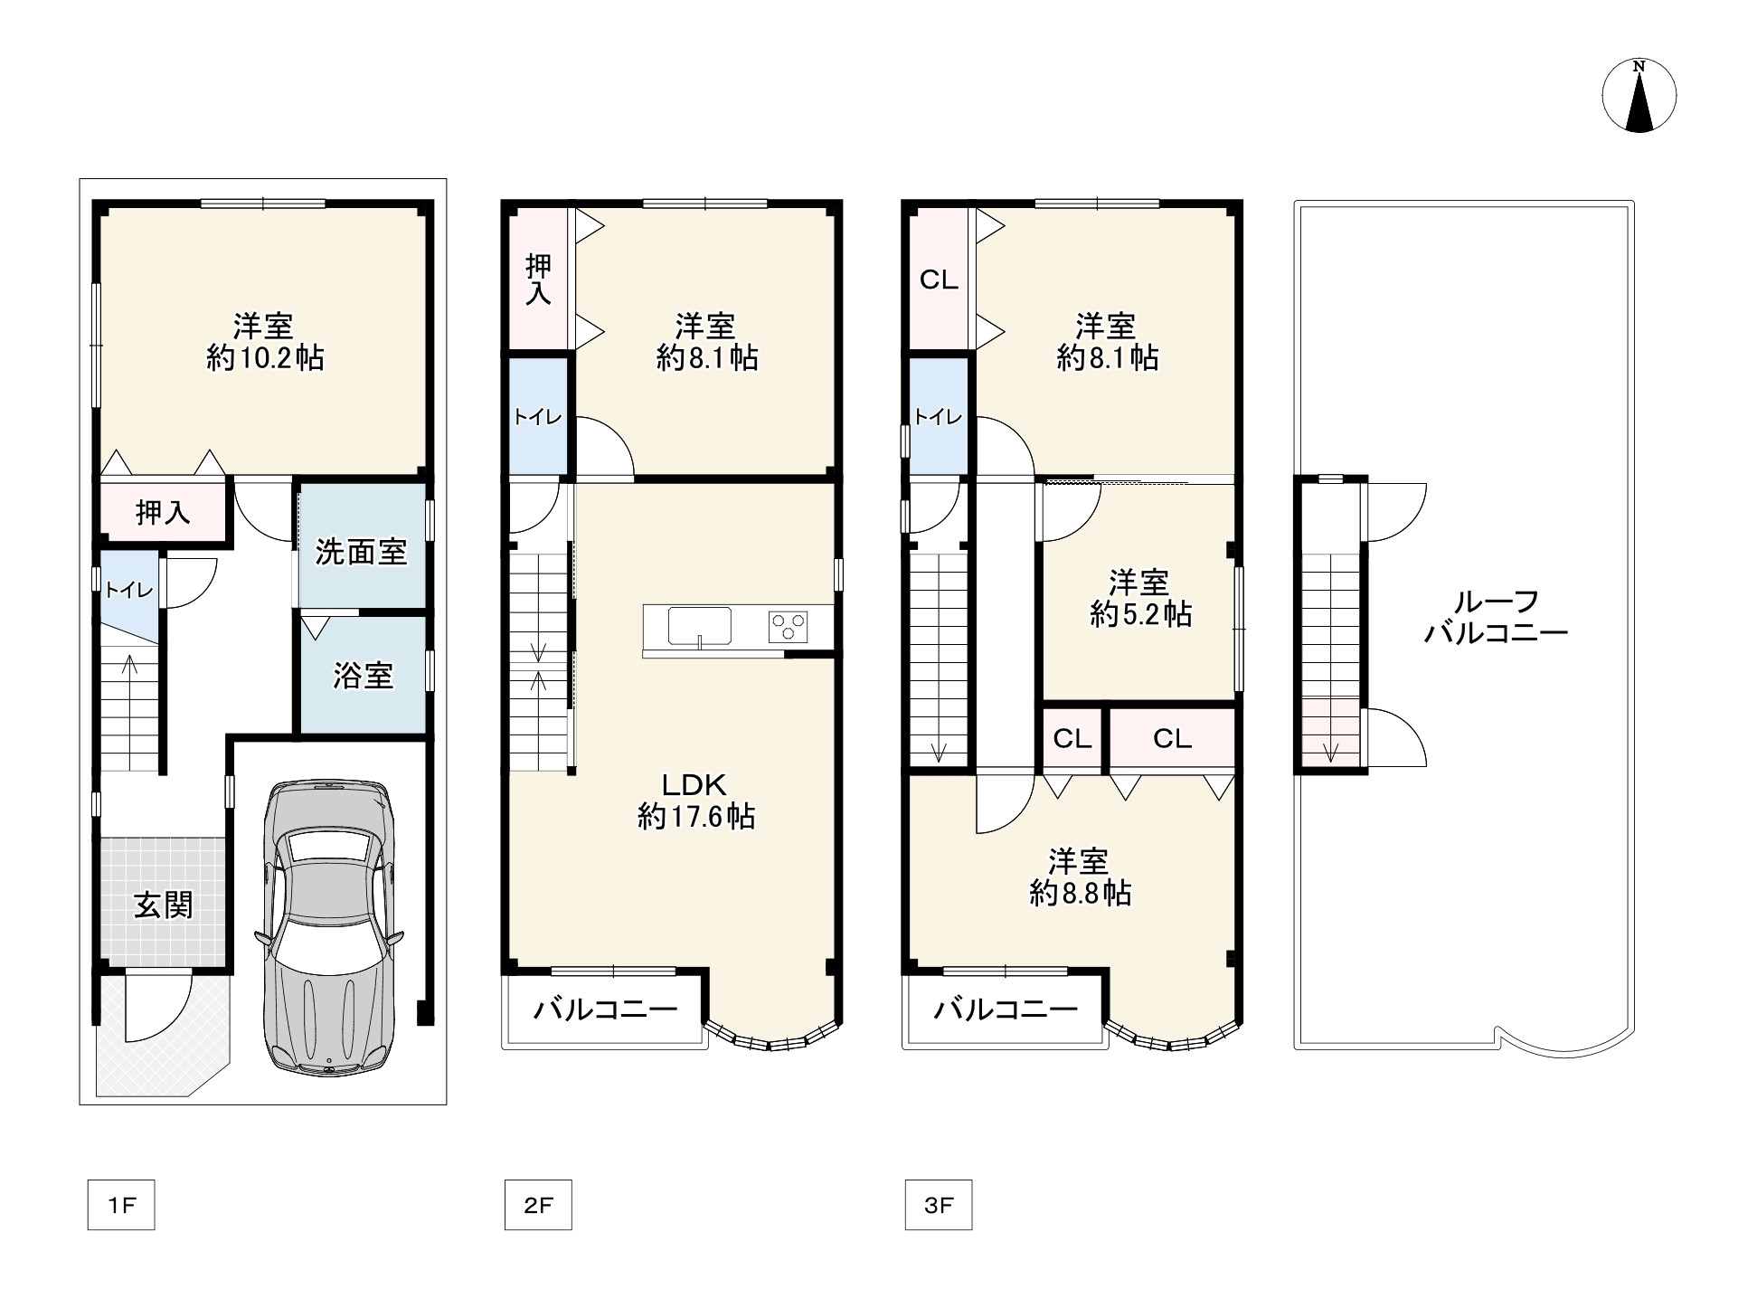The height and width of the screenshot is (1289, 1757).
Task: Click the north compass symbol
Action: coord(1639,95)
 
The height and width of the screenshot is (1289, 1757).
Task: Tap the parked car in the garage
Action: coord(329,926)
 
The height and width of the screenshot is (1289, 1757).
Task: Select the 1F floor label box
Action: coord(121,1205)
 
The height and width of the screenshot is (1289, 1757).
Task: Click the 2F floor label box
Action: coord(538,1205)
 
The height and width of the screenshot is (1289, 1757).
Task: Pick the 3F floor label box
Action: coord(939,1205)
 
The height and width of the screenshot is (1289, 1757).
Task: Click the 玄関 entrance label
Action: coord(164,905)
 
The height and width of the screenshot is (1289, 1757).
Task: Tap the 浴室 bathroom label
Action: coord(363,675)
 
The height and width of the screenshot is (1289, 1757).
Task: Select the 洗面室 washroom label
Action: coord(361,552)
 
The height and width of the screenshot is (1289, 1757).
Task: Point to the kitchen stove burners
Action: coord(789,627)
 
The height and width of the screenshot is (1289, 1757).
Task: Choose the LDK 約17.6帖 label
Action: coord(695,801)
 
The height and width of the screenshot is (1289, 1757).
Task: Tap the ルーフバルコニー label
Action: coord(1496,617)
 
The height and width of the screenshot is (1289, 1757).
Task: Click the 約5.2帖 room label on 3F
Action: coord(1140,598)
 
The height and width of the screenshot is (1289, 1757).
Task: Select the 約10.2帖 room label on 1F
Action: coord(265,342)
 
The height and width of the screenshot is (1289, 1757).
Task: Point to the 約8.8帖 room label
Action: coord(1080,877)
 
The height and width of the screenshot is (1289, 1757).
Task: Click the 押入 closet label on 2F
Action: coord(538,280)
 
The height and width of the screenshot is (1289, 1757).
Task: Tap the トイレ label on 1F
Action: coord(128,591)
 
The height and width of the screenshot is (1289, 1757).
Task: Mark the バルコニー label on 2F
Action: coord(605,1009)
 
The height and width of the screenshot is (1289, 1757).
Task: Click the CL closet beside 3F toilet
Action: coord(939,280)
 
